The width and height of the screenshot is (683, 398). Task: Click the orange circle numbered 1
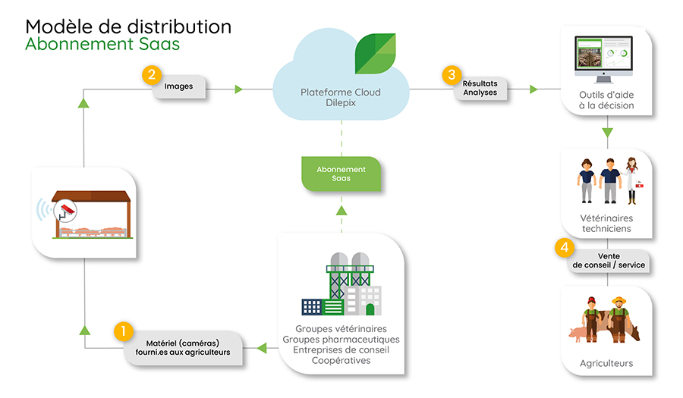tap(123, 331)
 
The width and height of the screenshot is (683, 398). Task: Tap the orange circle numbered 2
tap(152, 75)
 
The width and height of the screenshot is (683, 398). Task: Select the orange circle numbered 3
tap(452, 75)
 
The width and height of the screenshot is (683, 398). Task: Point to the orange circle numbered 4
tap(565, 247)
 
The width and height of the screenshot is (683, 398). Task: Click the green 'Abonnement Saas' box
tap(341, 174)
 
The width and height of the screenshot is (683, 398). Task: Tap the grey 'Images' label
tap(178, 86)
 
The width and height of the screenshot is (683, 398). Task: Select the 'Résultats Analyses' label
tap(480, 88)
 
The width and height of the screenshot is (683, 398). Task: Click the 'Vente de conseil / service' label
tap(609, 261)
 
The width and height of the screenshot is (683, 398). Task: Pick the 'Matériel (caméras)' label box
tap(183, 348)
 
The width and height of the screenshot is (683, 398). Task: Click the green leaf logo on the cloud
tap(375, 54)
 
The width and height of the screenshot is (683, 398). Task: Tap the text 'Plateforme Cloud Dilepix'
tap(341, 98)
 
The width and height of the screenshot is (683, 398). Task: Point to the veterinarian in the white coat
tap(632, 180)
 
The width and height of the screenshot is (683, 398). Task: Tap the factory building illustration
tap(341, 284)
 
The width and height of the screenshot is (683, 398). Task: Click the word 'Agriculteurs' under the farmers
tap(606, 363)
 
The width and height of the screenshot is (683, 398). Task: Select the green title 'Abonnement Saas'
tap(102, 44)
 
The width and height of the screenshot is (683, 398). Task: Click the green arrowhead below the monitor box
tap(607, 133)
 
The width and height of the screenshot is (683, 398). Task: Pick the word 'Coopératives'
tap(341, 360)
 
